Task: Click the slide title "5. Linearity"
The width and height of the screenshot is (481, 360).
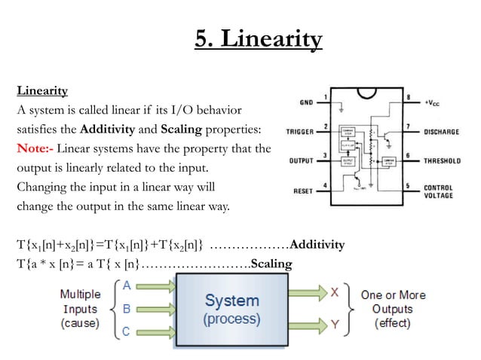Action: point(259,38)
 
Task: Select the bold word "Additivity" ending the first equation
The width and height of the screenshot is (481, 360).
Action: point(317,244)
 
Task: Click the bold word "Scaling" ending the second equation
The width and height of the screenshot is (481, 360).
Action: point(271,262)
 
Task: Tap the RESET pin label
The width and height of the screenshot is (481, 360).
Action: point(303,190)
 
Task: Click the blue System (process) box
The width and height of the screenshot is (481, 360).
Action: point(231,309)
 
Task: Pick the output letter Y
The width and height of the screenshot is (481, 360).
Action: point(333,325)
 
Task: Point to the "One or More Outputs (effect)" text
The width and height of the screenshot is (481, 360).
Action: point(392,309)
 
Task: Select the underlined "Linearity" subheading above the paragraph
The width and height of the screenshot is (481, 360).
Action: point(42,91)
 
